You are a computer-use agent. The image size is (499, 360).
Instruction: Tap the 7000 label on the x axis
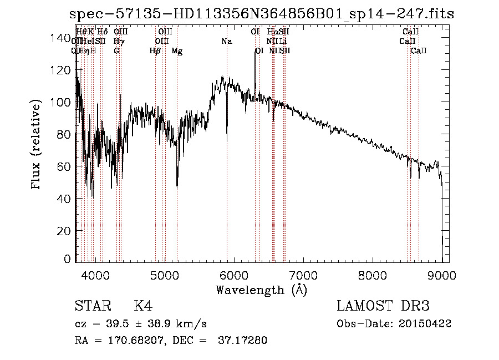click(x=303, y=275)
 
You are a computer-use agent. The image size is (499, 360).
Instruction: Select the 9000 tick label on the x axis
click(x=442, y=275)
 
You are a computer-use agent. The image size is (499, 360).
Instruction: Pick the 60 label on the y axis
click(x=63, y=166)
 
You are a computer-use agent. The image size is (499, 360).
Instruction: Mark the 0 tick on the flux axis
click(x=67, y=259)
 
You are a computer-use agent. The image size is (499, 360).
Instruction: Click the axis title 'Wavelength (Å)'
click(x=261, y=290)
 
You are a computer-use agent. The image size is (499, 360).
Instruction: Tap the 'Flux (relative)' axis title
click(x=37, y=145)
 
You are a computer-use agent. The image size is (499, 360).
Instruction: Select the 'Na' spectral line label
click(x=226, y=41)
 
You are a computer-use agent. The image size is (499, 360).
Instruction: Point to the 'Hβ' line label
click(x=155, y=50)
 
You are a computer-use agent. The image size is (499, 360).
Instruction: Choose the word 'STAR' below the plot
click(x=92, y=306)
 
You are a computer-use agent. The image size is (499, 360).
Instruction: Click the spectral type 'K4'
click(x=143, y=306)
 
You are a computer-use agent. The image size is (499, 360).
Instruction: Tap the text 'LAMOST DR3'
click(x=383, y=306)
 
